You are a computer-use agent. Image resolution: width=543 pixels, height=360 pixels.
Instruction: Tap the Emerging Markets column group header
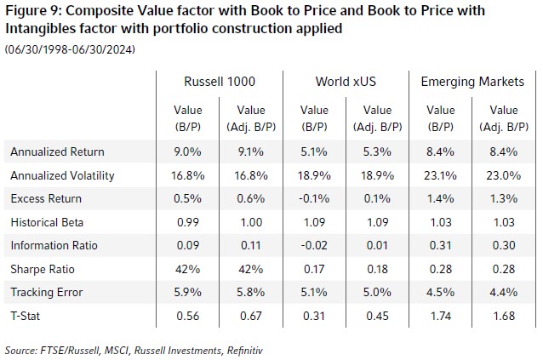(472, 82)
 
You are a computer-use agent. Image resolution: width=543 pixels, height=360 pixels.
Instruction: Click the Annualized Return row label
(57, 151)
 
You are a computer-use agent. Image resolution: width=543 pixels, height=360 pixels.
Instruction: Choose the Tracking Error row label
(47, 293)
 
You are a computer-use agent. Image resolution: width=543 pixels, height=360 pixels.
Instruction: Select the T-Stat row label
(28, 317)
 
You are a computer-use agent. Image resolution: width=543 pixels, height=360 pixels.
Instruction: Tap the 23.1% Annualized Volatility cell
(441, 175)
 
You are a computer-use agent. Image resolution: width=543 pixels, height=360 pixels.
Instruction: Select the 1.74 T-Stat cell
(441, 317)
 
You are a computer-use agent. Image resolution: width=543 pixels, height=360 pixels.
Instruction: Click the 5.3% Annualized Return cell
(377, 151)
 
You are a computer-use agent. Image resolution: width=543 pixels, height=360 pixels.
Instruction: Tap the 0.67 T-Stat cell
(250, 317)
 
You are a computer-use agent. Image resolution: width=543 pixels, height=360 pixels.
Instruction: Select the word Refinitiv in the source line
(259, 349)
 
